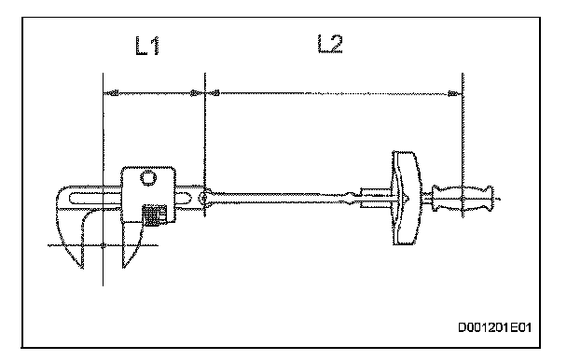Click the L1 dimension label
147,46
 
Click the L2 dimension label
330,44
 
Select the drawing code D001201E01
494,327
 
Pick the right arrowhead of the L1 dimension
197,93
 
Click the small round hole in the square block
147,178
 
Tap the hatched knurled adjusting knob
154,215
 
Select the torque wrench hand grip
463,199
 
